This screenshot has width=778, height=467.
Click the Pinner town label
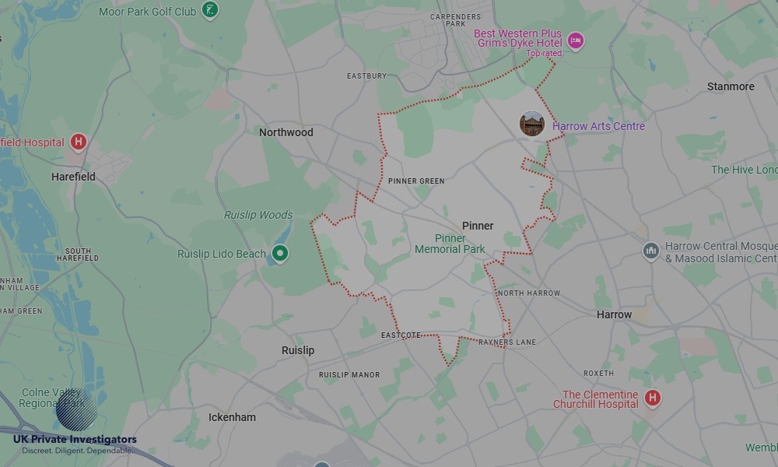(478, 226)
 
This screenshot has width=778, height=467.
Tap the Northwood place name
(286, 132)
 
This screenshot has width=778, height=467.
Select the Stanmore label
(731, 86)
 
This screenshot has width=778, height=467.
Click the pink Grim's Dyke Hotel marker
(575, 40)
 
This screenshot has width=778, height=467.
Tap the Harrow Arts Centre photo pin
(532, 124)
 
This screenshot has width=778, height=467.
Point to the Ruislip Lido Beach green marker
(280, 253)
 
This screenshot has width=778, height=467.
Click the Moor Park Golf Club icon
(209, 10)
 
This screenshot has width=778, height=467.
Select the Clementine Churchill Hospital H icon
(653, 399)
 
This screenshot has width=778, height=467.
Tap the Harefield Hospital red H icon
(78, 142)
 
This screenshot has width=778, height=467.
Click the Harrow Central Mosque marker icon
(650, 251)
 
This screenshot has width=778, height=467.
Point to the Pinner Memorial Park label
(450, 244)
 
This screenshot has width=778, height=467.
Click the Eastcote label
(401, 335)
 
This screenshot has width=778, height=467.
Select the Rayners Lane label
(507, 342)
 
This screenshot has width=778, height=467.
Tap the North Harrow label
(529, 293)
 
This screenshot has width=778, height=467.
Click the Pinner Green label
(416, 181)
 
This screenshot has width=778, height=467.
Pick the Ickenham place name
(232, 417)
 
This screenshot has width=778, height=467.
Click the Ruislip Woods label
(258, 215)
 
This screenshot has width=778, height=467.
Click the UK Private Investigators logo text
(75, 440)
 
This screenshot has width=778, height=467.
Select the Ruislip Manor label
(349, 375)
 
